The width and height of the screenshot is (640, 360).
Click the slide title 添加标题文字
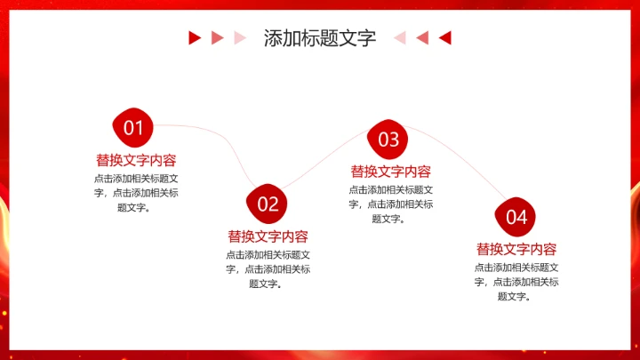point(319,38)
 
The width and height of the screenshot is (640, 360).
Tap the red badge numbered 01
point(133,128)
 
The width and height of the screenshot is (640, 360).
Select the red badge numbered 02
point(268,204)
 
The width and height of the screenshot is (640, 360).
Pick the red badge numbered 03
point(388,139)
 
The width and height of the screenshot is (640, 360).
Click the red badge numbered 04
point(516,216)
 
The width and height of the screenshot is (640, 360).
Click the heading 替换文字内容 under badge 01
point(136,160)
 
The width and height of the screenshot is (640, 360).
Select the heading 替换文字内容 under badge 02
point(268,236)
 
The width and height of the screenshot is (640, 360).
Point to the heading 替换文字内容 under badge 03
point(390,172)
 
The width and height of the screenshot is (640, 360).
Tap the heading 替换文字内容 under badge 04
point(516,249)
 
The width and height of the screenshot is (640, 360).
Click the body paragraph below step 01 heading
point(136,193)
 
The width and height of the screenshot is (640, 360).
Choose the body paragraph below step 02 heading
point(268,269)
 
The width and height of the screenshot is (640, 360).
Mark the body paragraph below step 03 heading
point(390,204)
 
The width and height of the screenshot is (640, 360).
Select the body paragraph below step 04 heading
point(516,282)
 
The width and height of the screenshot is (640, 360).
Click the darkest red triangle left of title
point(194,37)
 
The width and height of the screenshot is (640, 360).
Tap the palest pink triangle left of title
point(238,37)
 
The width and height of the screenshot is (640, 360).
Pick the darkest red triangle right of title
point(445,37)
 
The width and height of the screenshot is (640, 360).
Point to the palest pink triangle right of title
point(400,37)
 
